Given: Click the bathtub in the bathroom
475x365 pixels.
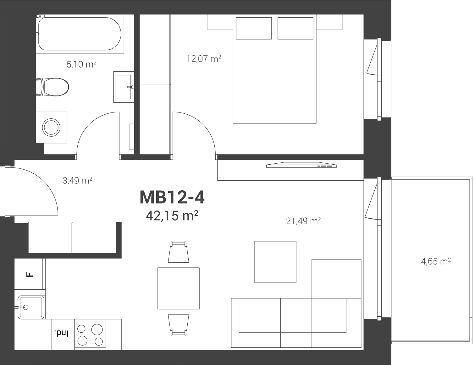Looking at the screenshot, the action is point(80,34).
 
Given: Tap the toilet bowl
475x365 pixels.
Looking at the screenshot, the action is point(52,87).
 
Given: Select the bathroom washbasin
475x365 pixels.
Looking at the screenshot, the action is point(124,87).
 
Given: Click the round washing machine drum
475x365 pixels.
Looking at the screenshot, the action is point(51,128).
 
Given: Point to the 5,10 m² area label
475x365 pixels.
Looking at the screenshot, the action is point(81,64).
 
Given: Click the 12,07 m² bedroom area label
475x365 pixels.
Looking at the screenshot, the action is point(204,59).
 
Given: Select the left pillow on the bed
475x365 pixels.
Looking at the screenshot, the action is point(254,28).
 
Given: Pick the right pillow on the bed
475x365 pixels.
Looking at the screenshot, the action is point(295,28).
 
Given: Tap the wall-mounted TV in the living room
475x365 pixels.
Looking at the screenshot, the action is point(301,165).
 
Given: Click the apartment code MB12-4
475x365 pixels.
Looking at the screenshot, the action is point(172,198).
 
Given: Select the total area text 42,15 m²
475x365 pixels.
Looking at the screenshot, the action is point(172,216).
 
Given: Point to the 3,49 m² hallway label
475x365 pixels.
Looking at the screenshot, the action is point(77,180).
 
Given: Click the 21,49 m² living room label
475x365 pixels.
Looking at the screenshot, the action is point(303,221).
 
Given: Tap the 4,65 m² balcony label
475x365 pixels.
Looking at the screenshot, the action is point(436,261).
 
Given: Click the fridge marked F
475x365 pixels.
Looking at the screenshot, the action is point(30,274).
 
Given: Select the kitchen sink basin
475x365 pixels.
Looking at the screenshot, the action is point(31,307).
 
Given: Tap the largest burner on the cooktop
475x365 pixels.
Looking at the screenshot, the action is point(97,330).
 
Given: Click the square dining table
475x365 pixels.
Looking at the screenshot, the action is point(179,288).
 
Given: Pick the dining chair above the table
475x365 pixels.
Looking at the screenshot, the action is point(179,252).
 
